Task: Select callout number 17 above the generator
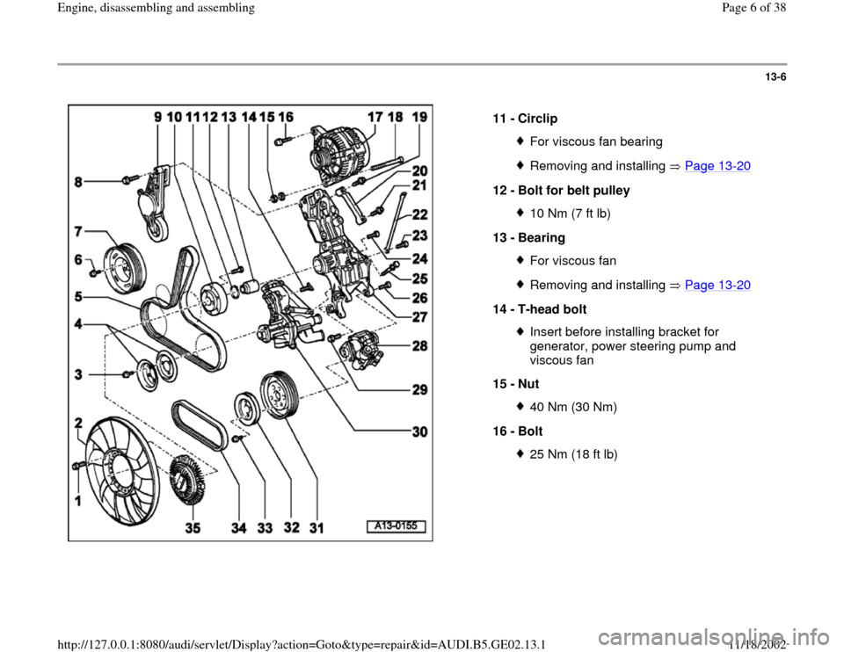(375, 116)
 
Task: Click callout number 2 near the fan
(81, 423)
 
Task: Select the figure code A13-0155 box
(396, 526)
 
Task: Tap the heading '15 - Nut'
(517, 384)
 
